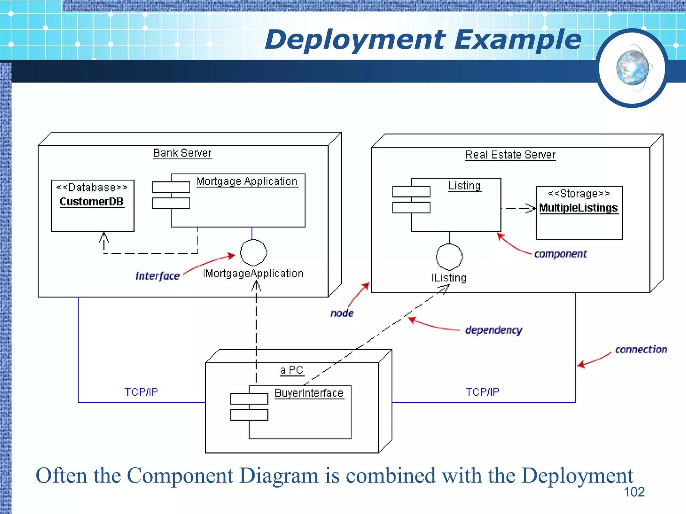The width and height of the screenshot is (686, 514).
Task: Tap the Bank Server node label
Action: pos(182,153)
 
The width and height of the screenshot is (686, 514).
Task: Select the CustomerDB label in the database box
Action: pos(91,202)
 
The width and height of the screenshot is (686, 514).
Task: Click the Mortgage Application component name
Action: pos(247,181)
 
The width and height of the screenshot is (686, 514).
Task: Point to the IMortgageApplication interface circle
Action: pos(254,253)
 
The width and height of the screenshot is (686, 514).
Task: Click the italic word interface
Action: pos(157,276)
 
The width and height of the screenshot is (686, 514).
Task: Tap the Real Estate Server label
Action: pos(510,155)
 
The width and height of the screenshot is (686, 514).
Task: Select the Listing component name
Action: pos(464,186)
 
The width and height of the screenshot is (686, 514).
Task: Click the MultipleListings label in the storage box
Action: pos(578,208)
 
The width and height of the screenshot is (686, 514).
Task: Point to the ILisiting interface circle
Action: pos(449,257)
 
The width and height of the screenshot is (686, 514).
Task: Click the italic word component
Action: pos(560,254)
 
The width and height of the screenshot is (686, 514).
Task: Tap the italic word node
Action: pos(342,313)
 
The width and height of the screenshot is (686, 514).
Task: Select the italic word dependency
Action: pos(493,330)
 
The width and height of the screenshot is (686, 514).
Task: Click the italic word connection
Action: pos(641,350)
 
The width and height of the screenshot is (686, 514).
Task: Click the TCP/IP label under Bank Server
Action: pos(141,392)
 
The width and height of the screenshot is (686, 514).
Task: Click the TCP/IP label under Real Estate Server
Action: pos(482,392)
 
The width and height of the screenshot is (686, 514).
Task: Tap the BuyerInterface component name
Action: pos(309,393)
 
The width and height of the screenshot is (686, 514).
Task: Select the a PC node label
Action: pos(291,370)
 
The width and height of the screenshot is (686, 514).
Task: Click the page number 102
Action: pos(634,492)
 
